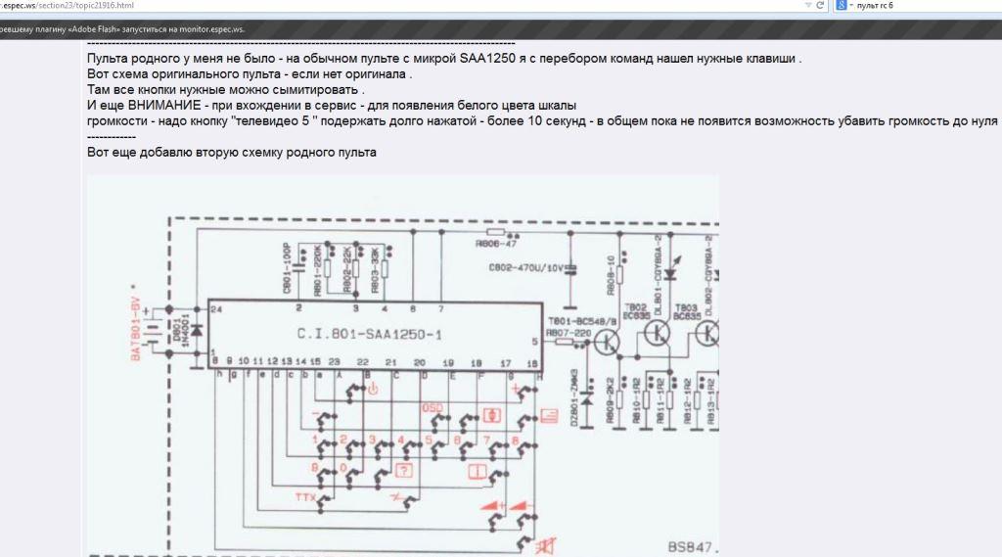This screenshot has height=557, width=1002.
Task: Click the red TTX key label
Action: pyautogui.click(x=306, y=500)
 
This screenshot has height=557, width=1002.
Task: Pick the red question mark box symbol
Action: pyautogui.click(x=402, y=469)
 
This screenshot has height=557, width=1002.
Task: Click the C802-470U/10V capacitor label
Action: pyautogui.click(x=524, y=266)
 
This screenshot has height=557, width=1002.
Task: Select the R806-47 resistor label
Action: pyautogui.click(x=496, y=245)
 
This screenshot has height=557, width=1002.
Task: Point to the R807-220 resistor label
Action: pyautogui.click(x=570, y=334)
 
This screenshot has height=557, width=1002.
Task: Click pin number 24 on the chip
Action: pyautogui.click(x=217, y=309)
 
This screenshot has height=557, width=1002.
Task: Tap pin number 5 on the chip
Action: pyautogui.click(x=534, y=342)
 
